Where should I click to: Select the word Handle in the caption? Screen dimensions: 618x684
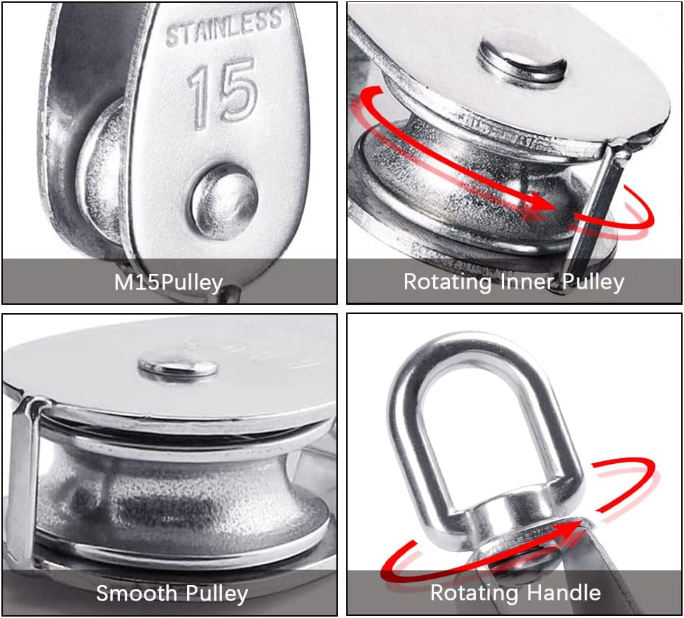click(x=565, y=593)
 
